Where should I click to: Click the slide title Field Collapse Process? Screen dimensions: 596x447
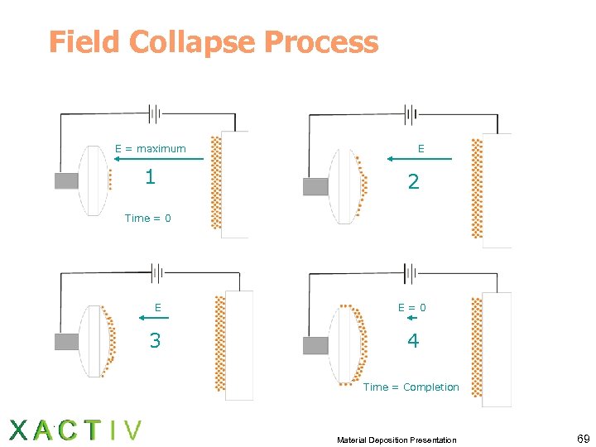point(214,42)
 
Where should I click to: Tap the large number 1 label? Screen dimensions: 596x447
point(150,176)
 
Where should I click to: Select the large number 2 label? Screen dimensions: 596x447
point(413,182)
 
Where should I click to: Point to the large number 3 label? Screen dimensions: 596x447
point(155,340)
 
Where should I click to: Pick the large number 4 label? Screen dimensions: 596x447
point(413,340)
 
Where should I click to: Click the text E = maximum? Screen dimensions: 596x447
point(151,149)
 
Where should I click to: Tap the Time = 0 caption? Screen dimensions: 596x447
point(148,219)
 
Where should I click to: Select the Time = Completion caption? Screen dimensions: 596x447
point(411,387)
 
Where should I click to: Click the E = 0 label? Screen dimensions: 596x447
point(412,307)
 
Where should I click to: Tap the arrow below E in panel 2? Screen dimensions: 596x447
point(420,158)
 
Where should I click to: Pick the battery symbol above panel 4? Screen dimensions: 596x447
point(409,272)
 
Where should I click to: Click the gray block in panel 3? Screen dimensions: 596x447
point(66,341)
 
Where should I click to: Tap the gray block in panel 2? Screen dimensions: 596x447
point(315,186)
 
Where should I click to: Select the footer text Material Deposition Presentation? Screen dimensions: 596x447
point(397,440)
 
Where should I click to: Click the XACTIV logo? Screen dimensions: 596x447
point(75,430)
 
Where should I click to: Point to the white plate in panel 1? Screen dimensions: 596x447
point(235,184)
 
